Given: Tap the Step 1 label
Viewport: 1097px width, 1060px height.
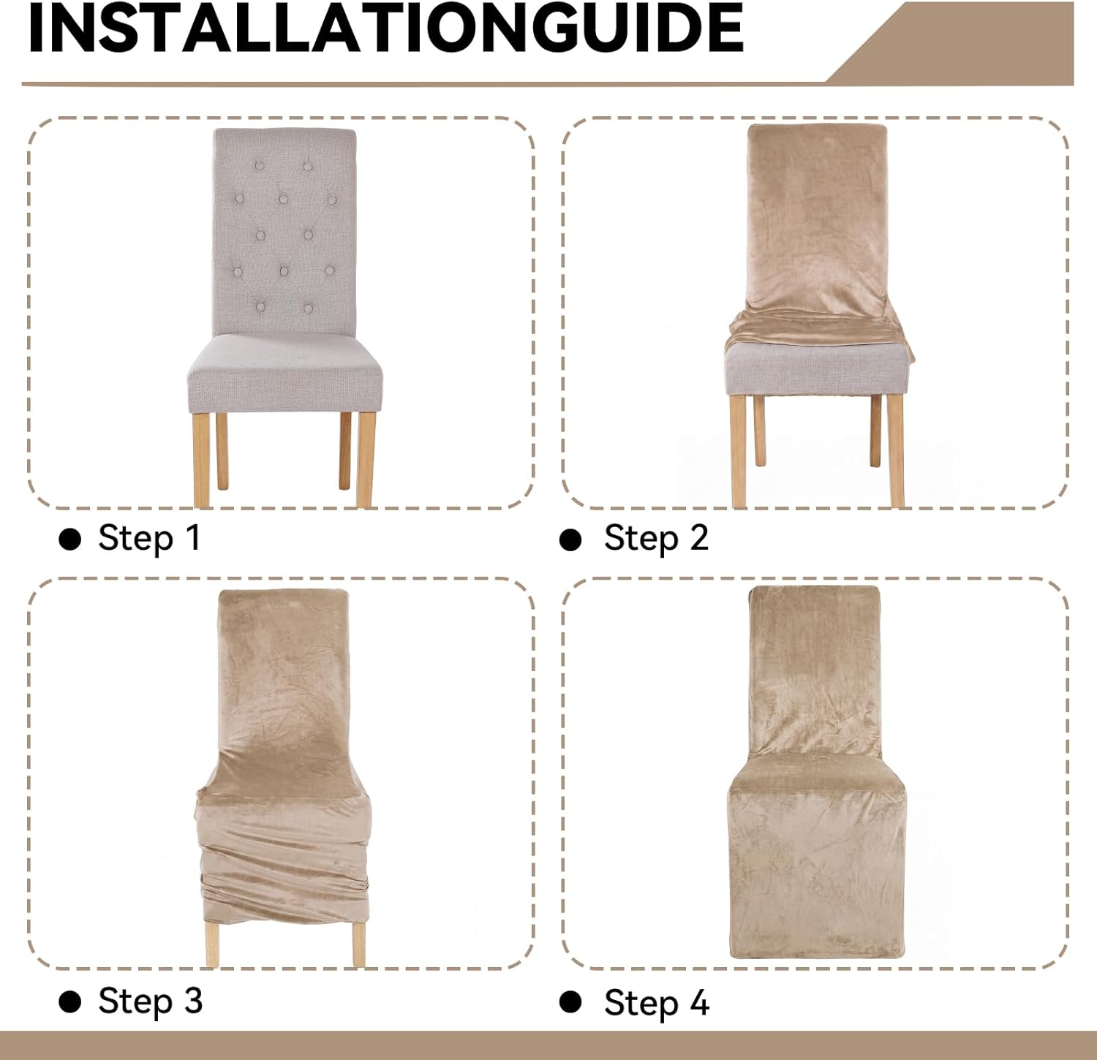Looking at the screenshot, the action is tap(149, 538).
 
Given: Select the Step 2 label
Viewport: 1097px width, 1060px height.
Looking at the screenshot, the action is tap(656, 538).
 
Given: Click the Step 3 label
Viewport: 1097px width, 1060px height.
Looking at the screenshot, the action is tap(150, 1001).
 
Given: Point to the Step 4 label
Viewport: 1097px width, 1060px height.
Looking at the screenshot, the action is tap(656, 1002).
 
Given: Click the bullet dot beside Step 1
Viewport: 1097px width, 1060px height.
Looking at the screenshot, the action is tap(70, 540).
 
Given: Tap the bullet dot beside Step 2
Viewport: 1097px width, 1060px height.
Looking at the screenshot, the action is tap(570, 540).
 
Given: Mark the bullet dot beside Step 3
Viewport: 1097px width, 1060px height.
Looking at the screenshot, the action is tap(70, 1002).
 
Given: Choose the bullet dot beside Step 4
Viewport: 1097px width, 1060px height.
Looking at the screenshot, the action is tap(570, 1002).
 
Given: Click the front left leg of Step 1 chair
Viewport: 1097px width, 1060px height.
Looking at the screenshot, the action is tap(203, 460).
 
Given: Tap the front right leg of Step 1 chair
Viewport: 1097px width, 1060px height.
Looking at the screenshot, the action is tap(364, 460).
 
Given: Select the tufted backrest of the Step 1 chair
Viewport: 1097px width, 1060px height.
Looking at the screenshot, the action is tap(284, 232).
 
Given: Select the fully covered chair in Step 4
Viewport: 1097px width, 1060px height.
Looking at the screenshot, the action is tap(818, 772).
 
